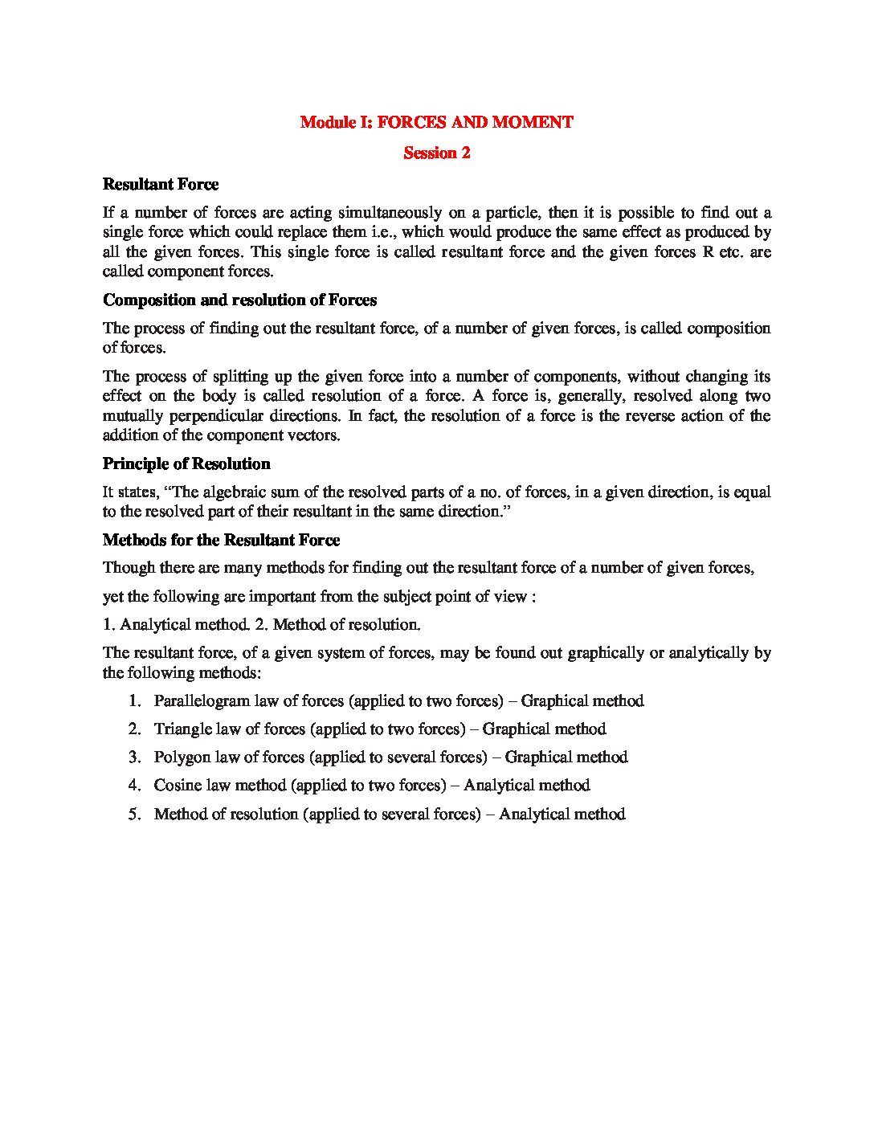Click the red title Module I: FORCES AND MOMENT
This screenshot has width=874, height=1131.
pyautogui.click(x=436, y=123)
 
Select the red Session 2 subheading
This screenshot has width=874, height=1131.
pyautogui.click(x=436, y=153)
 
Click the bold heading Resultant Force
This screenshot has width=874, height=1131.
pyautogui.click(x=161, y=185)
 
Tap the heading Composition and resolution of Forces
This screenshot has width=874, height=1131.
pyautogui.click(x=239, y=300)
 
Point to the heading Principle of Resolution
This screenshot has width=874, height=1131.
pyautogui.click(x=186, y=464)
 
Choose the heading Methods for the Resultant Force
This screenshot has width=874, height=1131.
pyautogui.click(x=221, y=541)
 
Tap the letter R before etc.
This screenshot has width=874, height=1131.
pyautogui.click(x=697, y=252)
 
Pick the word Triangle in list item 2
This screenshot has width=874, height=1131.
pyautogui.click(x=182, y=729)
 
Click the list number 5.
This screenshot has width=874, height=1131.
pyautogui.click(x=134, y=815)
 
